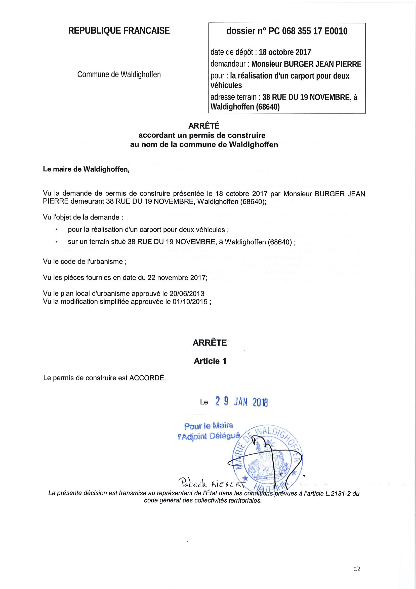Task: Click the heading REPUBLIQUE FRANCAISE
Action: (x=119, y=31)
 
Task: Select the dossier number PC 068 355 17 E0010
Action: (x=308, y=31)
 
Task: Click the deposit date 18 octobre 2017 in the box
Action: (x=285, y=52)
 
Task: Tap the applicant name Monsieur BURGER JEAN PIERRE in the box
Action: (x=306, y=64)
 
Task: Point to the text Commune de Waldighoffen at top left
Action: (x=119, y=75)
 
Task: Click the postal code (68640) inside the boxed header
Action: (x=268, y=107)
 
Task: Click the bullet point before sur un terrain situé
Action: (x=56, y=242)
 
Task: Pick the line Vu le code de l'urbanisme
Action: (x=85, y=262)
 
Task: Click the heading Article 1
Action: (x=210, y=361)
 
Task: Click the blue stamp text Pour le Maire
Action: (x=209, y=426)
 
